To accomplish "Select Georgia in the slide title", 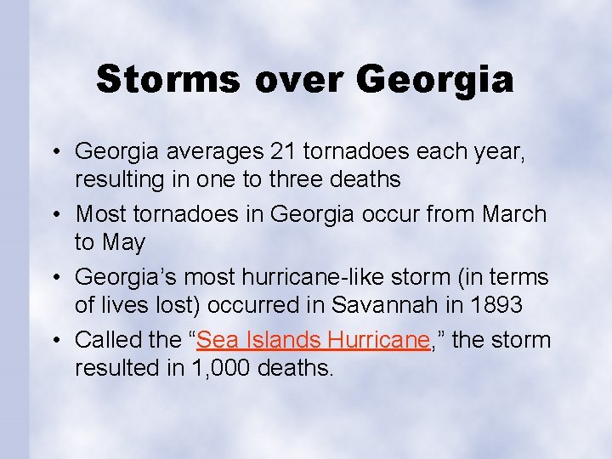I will (x=435, y=79).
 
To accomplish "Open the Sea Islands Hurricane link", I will (x=312, y=340).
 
